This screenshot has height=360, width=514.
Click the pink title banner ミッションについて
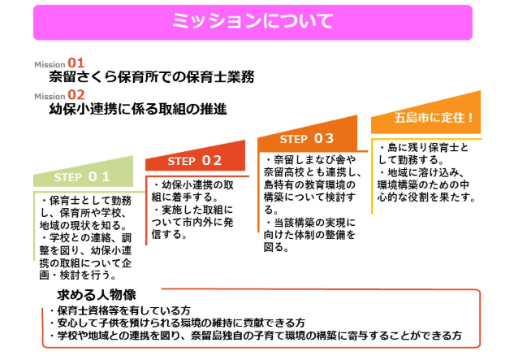tap(253, 22)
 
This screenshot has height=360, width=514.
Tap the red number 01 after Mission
tap(76, 63)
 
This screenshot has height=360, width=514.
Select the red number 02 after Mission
tap(76, 95)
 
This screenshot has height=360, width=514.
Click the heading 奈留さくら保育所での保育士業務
tap(152, 76)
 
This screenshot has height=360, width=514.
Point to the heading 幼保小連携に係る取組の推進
tap(138, 109)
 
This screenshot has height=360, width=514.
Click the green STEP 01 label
tap(82, 176)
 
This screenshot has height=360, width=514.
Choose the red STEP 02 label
tap(195, 160)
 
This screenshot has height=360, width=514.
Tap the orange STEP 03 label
tap(307, 138)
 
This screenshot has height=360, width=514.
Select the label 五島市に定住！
tap(434, 118)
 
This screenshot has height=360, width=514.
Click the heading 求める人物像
tap(97, 295)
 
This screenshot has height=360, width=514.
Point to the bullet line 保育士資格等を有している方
tap(120, 310)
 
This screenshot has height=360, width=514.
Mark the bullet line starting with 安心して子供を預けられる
tap(177, 323)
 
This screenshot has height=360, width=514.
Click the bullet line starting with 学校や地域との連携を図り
tap(256, 336)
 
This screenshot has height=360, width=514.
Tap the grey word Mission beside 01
tap(50, 64)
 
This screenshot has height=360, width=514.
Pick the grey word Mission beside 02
tap(50, 96)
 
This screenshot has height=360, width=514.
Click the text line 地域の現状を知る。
tap(84, 225)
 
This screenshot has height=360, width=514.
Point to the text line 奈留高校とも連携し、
tap(313, 172)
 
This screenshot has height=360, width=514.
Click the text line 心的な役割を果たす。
tap(426, 197)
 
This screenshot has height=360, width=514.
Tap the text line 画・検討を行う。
tap(78, 275)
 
